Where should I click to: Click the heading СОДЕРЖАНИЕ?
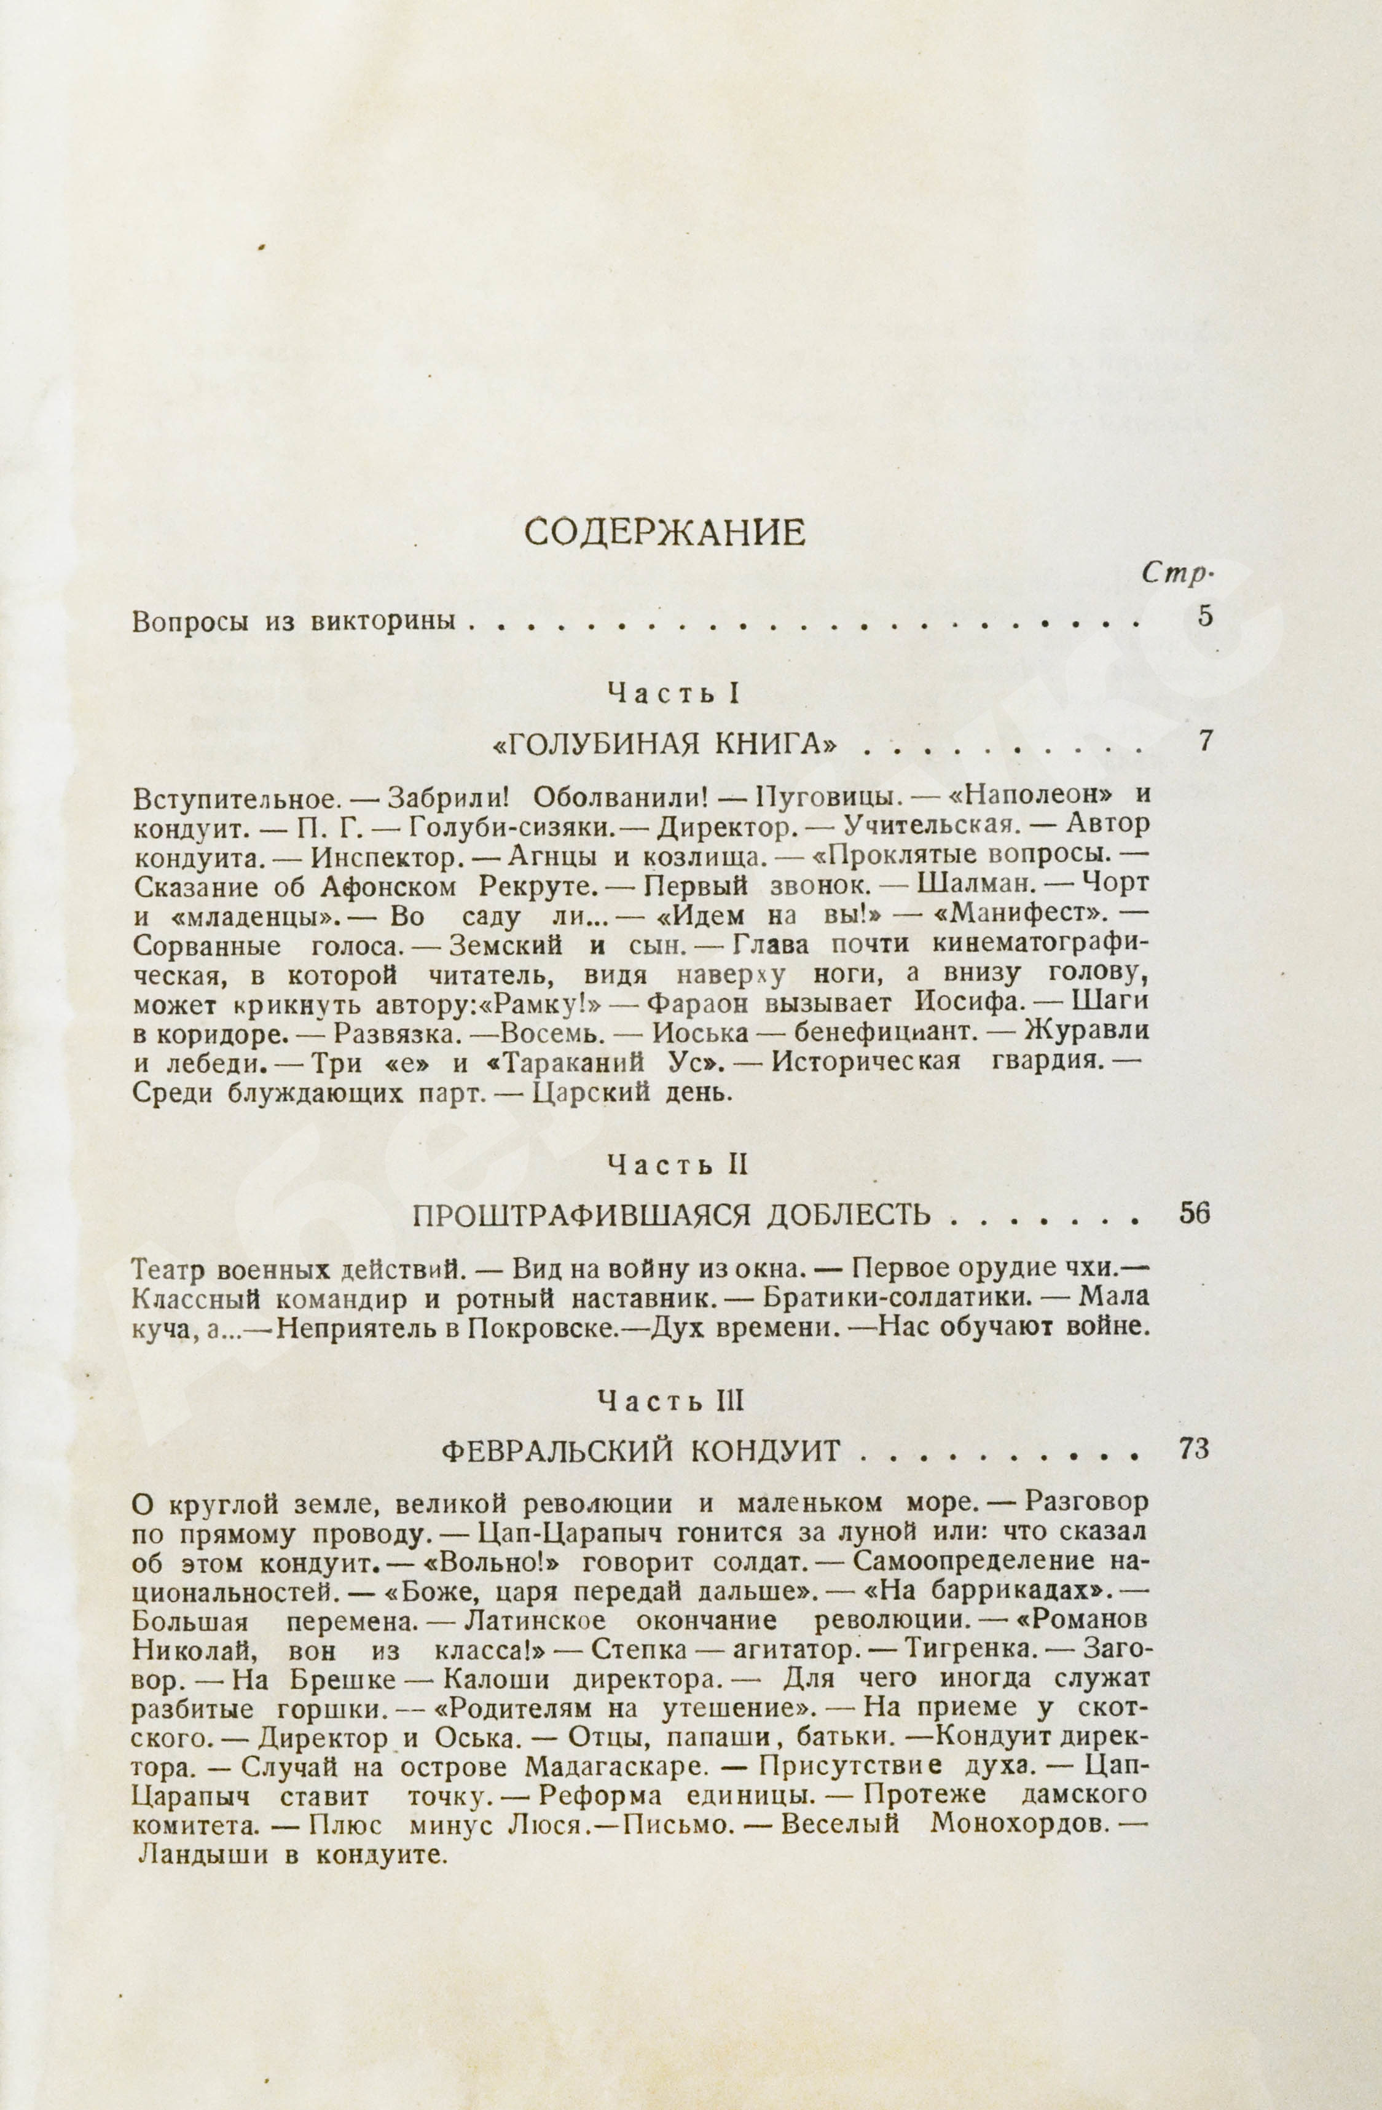tap(665, 532)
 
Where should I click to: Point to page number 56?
tap(1195, 1213)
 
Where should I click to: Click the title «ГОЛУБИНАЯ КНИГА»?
tap(665, 745)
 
